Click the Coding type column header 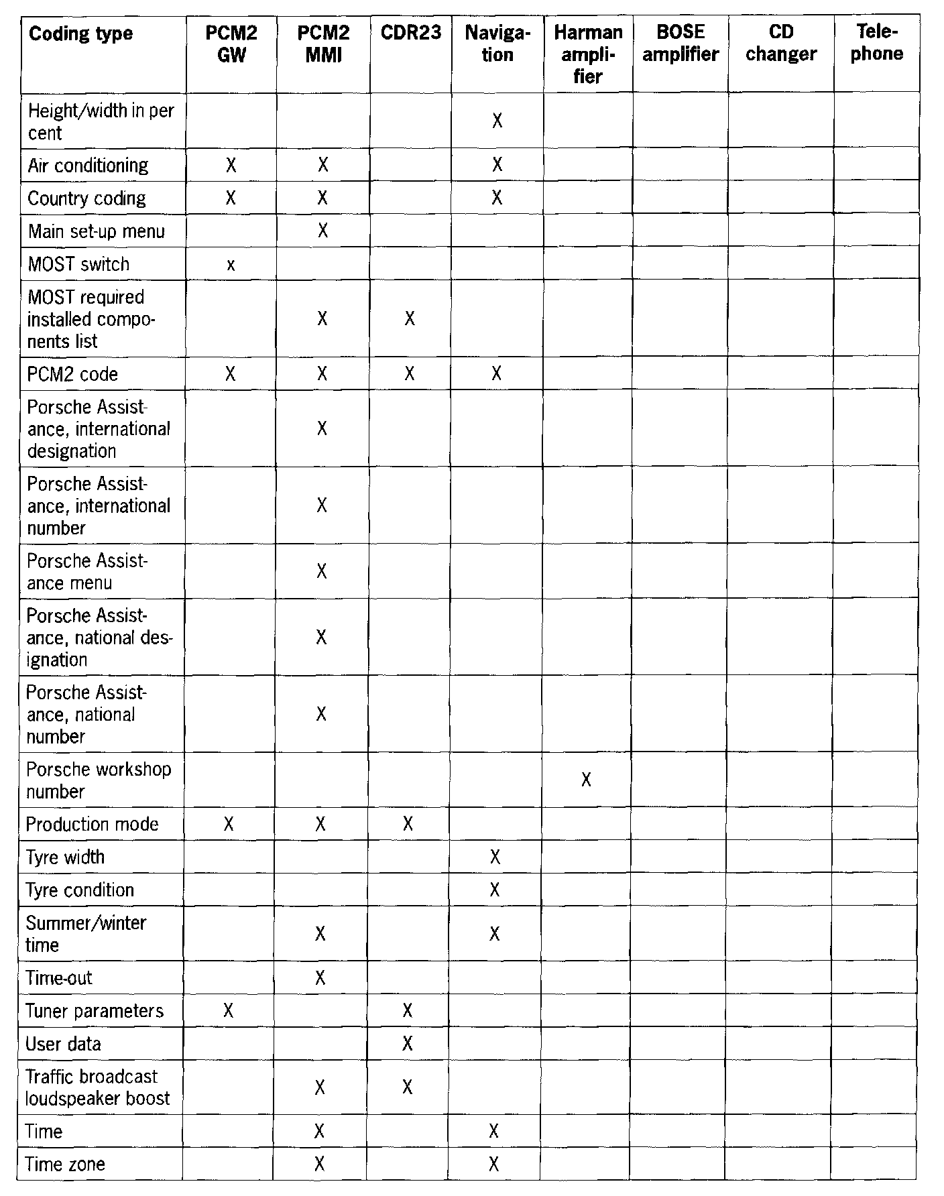point(80,34)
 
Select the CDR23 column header point(410,33)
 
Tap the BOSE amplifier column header point(680,44)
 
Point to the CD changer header point(781,44)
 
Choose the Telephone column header point(876,44)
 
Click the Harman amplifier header point(588,54)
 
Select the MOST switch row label point(78,264)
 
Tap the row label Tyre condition point(80,890)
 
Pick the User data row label point(63,1044)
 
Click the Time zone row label point(65,1164)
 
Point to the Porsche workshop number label point(98,780)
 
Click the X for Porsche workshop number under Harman point(586,780)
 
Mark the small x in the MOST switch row point(231,265)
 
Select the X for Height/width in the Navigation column point(497,121)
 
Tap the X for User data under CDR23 point(408,1044)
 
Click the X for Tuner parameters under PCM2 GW point(228,1010)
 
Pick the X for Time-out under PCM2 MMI point(320,978)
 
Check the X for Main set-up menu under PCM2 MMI point(322,231)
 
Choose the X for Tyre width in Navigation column point(495,857)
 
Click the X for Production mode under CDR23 point(408,824)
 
